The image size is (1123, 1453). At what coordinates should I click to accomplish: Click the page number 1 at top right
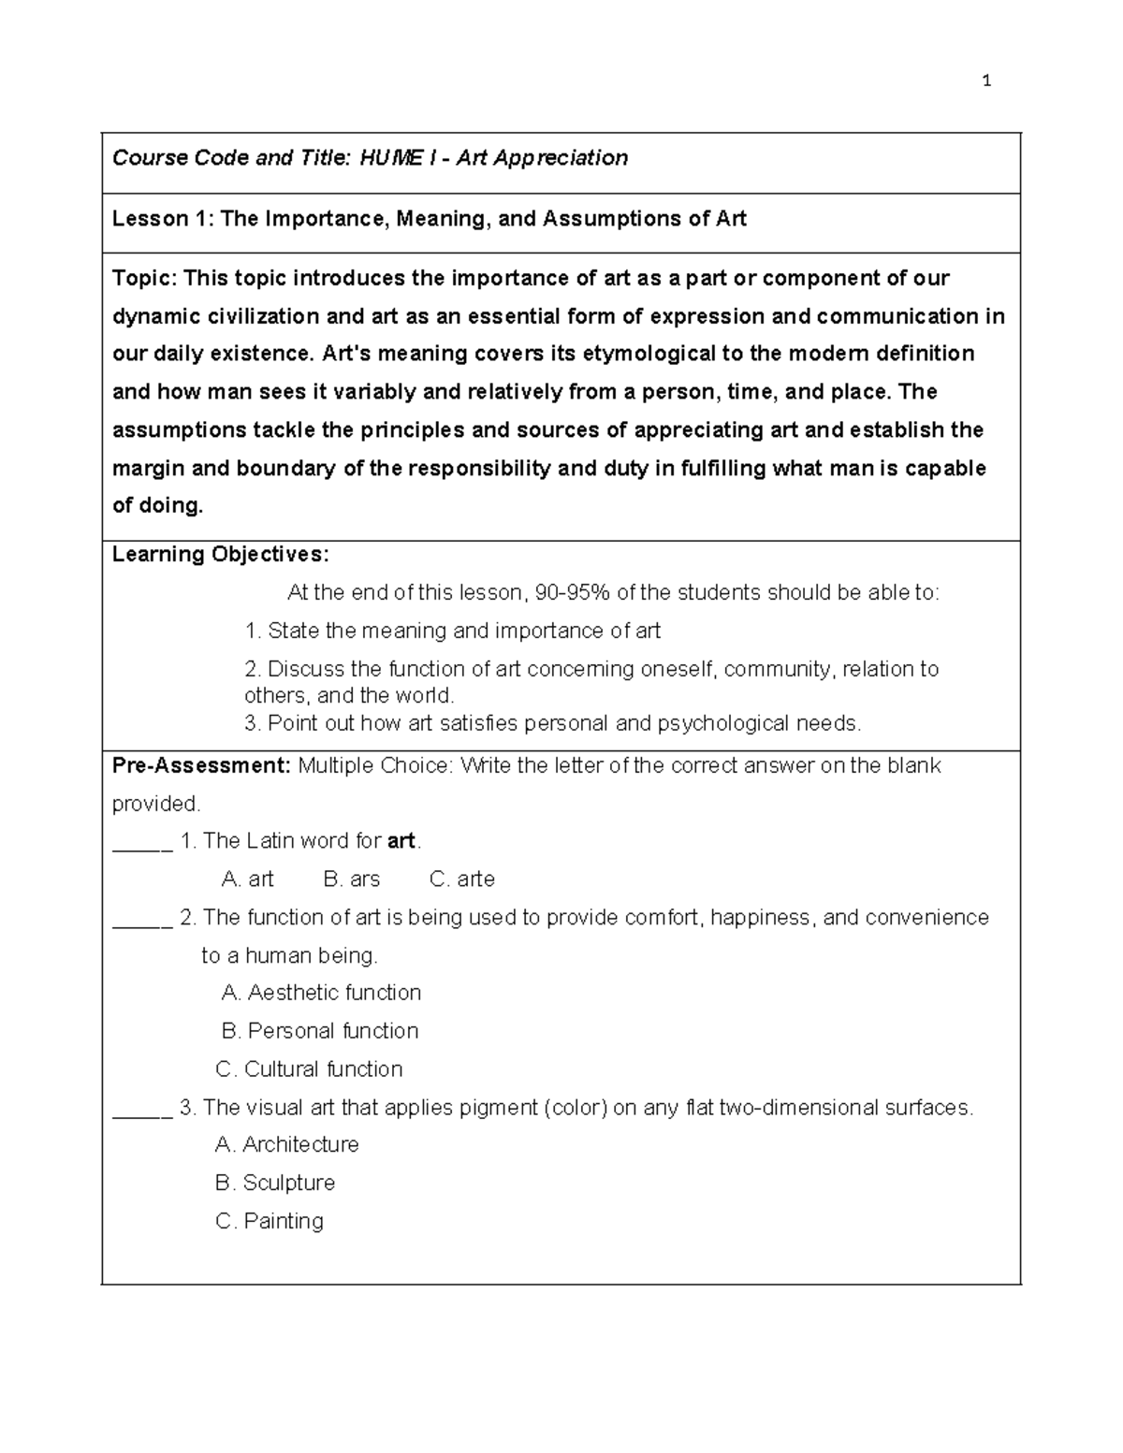point(986,81)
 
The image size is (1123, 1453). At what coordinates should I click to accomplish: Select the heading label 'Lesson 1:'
point(163,219)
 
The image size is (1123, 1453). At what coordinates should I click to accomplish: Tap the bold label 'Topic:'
point(144,279)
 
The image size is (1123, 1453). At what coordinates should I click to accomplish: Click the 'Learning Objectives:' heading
point(221,555)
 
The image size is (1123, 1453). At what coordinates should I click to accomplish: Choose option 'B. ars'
point(352,879)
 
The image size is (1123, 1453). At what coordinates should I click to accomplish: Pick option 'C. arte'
point(461,879)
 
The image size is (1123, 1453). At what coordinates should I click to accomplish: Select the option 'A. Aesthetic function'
point(321,993)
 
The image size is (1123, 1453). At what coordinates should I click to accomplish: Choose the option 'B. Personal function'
point(320,1031)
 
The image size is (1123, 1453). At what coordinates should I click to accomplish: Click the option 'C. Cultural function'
point(309,1069)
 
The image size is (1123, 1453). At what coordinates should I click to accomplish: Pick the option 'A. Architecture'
point(286,1145)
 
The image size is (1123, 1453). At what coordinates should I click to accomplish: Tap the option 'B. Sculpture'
point(275,1184)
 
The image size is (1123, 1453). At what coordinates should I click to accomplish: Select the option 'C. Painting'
point(270,1222)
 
